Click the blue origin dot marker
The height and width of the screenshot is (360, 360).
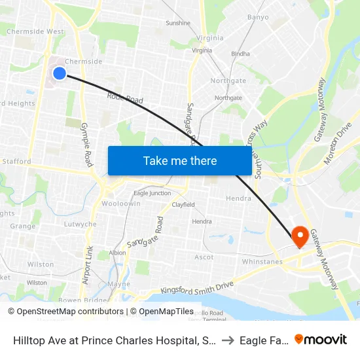(59, 73)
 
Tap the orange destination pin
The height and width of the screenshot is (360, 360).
(300, 236)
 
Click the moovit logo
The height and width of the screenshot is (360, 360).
(321, 339)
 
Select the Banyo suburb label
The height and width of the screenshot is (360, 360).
(258, 17)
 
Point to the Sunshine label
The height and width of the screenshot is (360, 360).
(178, 23)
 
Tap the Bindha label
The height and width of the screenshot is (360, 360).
(240, 54)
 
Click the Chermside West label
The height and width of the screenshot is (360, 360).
(35, 31)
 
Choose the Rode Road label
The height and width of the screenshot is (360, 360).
(125, 99)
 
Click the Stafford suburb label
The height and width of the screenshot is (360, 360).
(17, 161)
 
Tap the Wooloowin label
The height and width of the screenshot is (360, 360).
(121, 204)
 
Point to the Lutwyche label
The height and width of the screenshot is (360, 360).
(81, 223)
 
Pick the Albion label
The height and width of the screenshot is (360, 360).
(118, 253)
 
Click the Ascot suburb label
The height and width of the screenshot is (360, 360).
(204, 257)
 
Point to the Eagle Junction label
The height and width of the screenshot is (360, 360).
(152, 193)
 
